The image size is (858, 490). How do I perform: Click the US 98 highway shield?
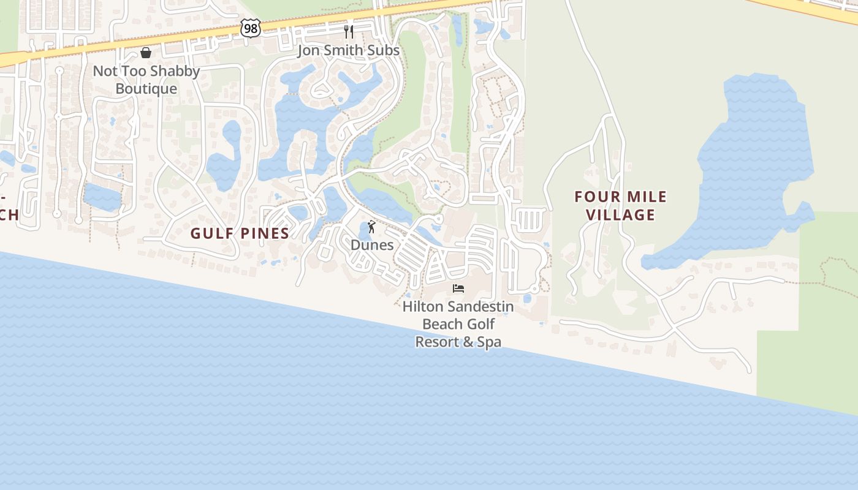pos(250,28)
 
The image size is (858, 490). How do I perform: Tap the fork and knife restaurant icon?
pos(349,32)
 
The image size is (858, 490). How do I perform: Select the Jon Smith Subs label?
pos(348,50)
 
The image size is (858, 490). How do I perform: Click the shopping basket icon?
pos(146,53)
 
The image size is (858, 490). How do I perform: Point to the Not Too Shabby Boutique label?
pos(146,80)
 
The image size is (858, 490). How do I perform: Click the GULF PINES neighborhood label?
pos(240,233)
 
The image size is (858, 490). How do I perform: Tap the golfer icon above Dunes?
pos(371,227)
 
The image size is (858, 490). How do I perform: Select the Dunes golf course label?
pos(372,245)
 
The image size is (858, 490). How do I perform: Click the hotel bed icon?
pos(458,288)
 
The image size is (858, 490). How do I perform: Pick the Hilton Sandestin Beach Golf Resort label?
pos(458,324)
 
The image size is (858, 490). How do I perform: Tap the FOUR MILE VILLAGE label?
pos(620,206)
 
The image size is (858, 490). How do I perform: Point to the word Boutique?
pos(146,89)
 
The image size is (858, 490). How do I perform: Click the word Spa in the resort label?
pos(489,342)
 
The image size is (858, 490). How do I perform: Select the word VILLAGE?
pos(620,215)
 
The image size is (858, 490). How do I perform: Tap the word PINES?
pos(264,233)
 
